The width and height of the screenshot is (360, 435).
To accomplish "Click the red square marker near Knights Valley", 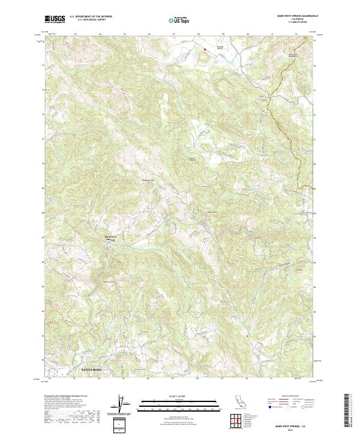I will (x=205, y=48).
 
